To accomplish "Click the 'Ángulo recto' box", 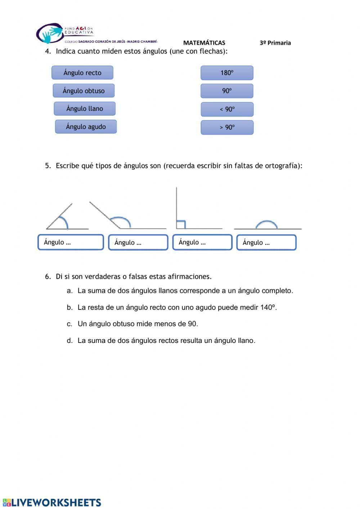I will (x=82, y=73).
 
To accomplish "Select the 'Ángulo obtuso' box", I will (x=84, y=91).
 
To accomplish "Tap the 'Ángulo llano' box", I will (x=85, y=109).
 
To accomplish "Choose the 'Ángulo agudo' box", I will (x=86, y=127).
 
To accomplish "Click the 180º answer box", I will (x=227, y=73).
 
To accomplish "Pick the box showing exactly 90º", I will (x=227, y=91).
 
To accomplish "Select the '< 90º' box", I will (x=227, y=109).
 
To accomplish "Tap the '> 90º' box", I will (x=227, y=128).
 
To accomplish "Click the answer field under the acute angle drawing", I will (x=71, y=242).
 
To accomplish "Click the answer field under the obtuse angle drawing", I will (x=138, y=242).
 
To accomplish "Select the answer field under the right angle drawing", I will (x=202, y=242).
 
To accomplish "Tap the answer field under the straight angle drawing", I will (x=266, y=242).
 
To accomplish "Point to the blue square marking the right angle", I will (x=181, y=224).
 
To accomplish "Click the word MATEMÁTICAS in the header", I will (x=204, y=43).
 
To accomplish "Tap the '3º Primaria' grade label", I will (x=275, y=43).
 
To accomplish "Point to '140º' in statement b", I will (x=268, y=308).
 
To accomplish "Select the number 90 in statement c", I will (x=192, y=324).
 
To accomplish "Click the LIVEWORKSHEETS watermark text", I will (x=56, y=503).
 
